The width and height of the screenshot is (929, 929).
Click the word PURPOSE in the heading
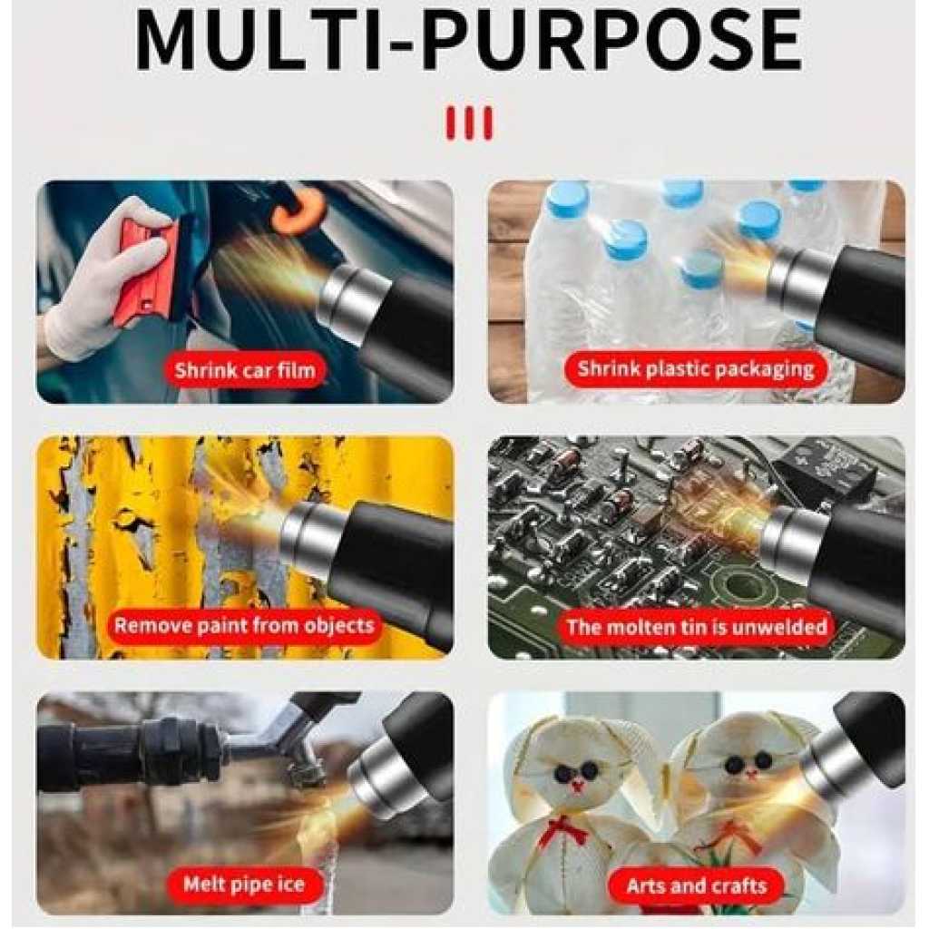pos(611,40)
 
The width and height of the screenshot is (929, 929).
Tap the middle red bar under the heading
pos(469,123)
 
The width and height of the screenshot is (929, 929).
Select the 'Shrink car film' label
pos(245,370)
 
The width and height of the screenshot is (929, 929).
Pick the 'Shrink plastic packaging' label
pos(696,368)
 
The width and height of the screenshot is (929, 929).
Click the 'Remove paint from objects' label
pos(244,626)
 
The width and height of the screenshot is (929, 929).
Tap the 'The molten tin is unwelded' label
pos(697,627)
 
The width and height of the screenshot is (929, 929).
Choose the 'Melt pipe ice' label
pos(244,884)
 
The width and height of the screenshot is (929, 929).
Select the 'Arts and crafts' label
pos(697,885)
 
